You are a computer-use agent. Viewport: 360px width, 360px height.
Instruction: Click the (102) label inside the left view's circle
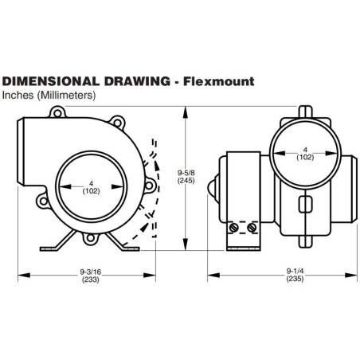coord(90,190)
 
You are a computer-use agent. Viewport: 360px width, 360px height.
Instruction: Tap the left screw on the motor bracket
coord(234,229)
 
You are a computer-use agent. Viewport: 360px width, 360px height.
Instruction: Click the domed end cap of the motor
coord(213,190)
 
